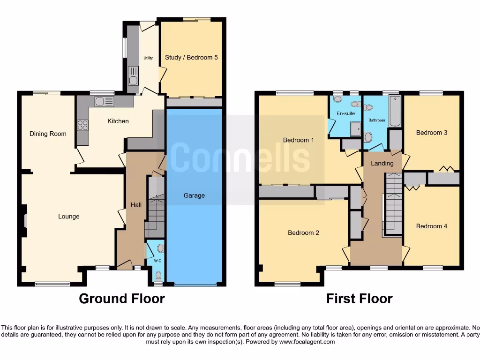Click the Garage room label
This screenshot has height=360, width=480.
point(194,195)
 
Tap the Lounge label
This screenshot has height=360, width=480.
point(68,217)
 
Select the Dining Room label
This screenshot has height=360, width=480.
point(48,134)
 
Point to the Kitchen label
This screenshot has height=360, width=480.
point(118,121)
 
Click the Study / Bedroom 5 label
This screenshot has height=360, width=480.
point(191,58)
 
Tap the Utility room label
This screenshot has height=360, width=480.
point(148,58)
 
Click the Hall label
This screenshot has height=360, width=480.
point(136,205)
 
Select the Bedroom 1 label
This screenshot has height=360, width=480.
point(299,140)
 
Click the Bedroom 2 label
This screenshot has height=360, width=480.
point(303,232)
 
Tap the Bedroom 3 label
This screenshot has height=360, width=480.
point(432,133)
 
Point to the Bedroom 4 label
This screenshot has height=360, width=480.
point(432,226)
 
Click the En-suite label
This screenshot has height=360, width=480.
point(345,113)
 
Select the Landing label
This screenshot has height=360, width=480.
point(382,163)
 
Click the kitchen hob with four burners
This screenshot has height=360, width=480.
point(82,125)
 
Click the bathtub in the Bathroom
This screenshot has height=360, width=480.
point(395,112)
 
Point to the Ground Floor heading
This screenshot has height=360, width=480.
point(121,299)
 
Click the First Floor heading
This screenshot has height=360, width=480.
point(359,299)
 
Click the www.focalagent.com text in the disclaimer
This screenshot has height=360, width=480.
point(307,342)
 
